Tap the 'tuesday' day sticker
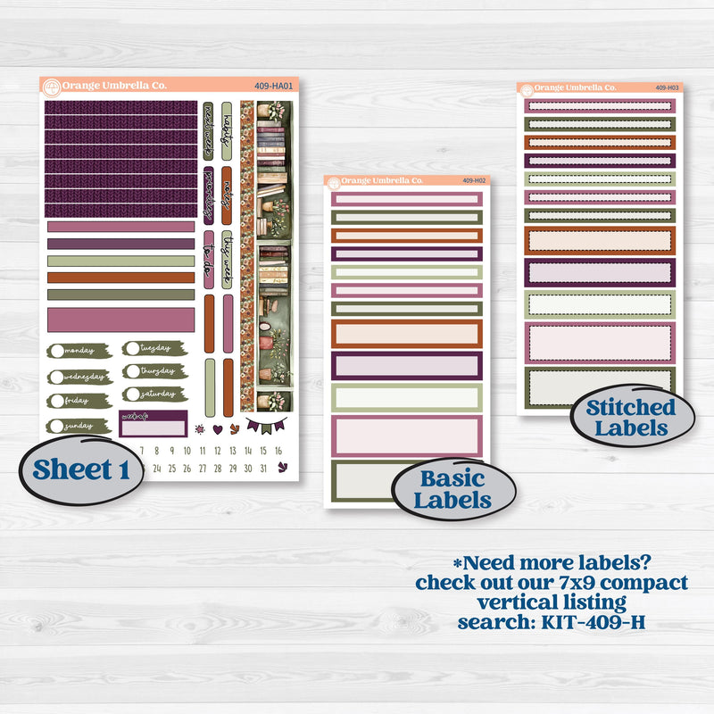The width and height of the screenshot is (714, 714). pos(153,348)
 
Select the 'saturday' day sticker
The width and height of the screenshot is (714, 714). pos(153,394)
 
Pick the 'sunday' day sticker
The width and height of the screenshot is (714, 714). pos(79,426)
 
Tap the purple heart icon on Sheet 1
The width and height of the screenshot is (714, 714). pos(217,428)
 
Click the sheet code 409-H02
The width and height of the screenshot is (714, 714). pos(473,181)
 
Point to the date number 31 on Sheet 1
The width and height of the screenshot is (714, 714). pos(262,468)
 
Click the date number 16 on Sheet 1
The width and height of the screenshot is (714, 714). pos(278,449)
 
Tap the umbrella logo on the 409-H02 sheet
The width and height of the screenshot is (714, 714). pos(334,182)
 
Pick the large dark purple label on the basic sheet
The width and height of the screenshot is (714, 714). pos(407,365)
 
